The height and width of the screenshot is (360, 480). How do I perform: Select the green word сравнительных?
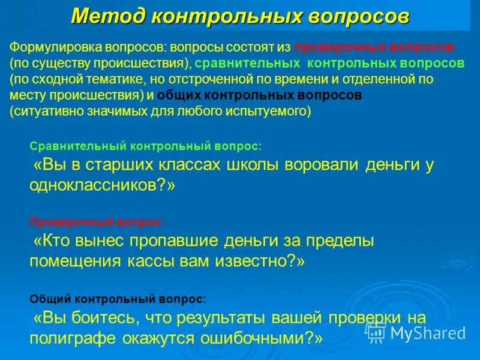point(247,63)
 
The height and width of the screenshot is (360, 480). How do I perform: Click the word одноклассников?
point(95,185)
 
